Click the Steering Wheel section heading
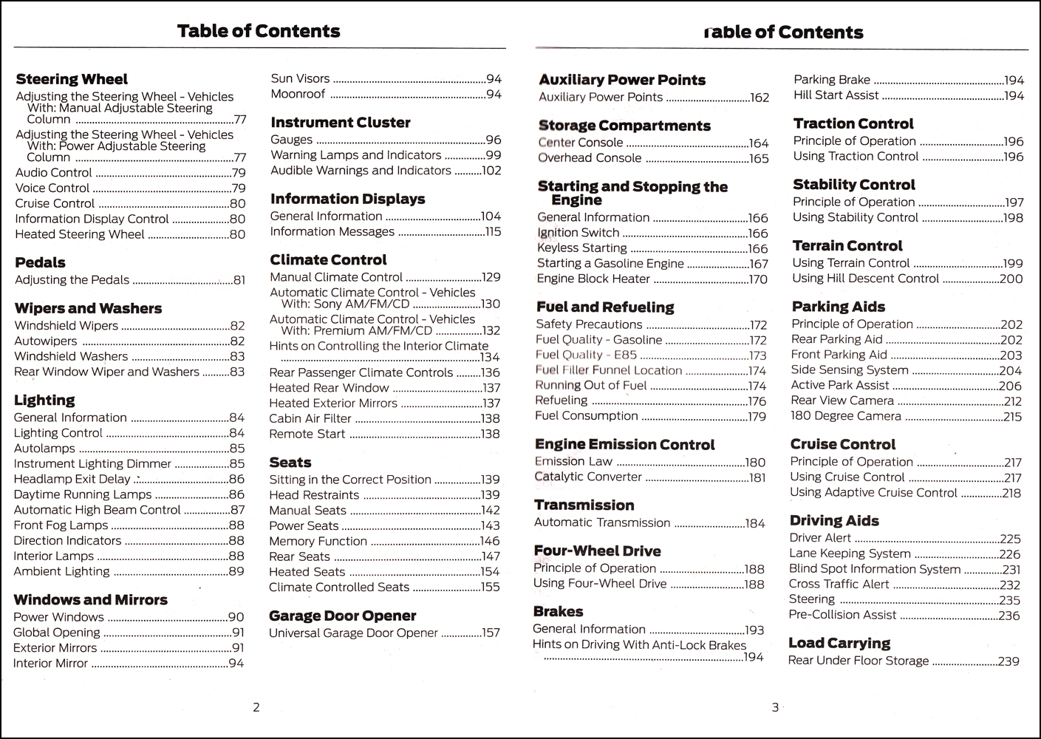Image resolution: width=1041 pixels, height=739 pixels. (x=72, y=79)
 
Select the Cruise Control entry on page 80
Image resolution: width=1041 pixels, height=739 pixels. (x=55, y=203)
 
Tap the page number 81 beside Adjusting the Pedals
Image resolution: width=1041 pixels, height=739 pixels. (x=239, y=280)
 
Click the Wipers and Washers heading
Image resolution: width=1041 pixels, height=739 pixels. (x=88, y=308)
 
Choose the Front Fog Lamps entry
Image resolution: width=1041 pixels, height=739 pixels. (x=61, y=525)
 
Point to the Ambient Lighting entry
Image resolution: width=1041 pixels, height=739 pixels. (x=61, y=571)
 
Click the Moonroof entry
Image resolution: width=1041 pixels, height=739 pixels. (x=298, y=94)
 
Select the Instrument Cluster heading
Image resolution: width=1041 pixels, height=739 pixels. (x=341, y=123)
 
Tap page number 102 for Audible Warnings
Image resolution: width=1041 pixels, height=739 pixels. (x=491, y=171)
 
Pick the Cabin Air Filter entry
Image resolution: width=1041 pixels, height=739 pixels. (x=310, y=418)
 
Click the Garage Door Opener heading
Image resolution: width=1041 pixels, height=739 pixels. (x=343, y=616)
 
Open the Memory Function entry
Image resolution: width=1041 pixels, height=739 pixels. (x=318, y=541)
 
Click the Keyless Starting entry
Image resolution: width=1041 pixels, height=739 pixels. (x=582, y=248)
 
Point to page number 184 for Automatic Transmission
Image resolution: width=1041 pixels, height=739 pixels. (x=755, y=524)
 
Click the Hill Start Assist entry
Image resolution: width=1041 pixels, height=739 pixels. (x=836, y=95)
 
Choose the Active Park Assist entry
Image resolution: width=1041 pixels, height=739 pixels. (x=840, y=385)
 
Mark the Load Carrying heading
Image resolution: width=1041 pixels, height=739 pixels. (x=839, y=643)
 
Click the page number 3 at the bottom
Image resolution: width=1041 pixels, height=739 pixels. (x=775, y=707)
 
